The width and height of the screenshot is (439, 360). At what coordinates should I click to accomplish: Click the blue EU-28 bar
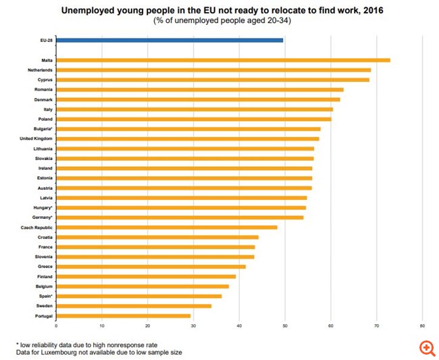click(170, 41)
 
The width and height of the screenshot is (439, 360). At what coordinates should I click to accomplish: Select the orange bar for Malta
click(223, 60)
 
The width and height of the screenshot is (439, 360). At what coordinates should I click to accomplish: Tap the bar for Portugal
click(123, 315)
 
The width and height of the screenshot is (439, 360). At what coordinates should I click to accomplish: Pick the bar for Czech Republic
click(166, 227)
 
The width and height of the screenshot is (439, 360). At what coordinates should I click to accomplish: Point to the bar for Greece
click(151, 266)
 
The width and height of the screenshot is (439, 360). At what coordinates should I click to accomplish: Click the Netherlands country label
click(40, 70)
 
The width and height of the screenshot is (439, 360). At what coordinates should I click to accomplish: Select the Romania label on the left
click(43, 89)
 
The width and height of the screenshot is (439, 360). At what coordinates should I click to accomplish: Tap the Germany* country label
click(43, 217)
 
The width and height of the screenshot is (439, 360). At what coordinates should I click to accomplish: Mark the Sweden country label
click(44, 306)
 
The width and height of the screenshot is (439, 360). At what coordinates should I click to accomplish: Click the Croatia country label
click(45, 237)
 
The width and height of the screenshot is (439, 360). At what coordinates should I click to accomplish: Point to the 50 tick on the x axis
click(285, 326)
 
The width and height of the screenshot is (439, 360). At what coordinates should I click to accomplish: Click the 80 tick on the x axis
click(422, 326)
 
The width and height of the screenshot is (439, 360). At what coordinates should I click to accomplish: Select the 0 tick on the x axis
click(56, 326)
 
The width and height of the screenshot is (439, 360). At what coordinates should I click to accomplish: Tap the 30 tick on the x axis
click(193, 326)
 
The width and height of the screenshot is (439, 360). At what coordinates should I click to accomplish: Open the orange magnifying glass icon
click(425, 347)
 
